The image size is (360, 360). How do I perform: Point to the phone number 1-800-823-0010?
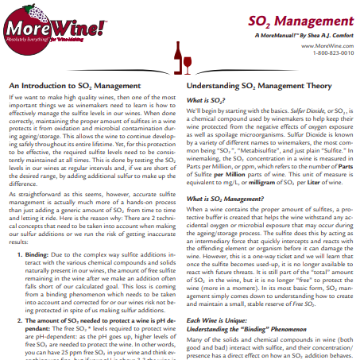(329, 53)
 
